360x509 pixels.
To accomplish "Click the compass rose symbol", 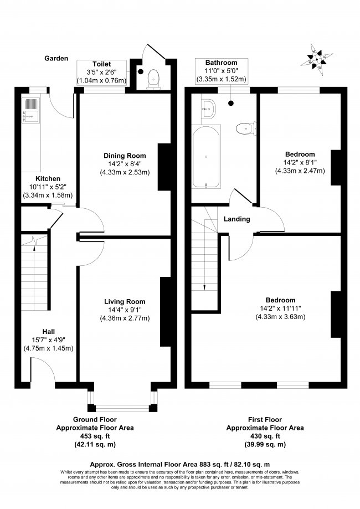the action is [x=316, y=60].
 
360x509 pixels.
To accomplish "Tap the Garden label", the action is [x=56, y=58].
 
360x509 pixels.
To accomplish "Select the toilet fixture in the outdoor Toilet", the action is [x=153, y=80].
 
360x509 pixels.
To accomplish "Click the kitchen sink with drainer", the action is [x=31, y=110].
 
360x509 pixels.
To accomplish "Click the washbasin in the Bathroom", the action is [x=208, y=109].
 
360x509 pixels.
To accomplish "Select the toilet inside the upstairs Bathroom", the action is [x=246, y=128].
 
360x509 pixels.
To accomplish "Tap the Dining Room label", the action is [x=125, y=156].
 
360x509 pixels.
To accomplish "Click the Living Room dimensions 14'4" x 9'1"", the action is [x=125, y=310].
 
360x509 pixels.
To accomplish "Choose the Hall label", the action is [x=48, y=331].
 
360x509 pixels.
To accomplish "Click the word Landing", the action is [x=236, y=219].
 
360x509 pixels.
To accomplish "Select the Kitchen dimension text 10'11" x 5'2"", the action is [x=48, y=187].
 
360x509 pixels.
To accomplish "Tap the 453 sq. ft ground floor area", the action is [x=95, y=436].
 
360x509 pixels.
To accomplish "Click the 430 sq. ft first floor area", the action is [x=265, y=436].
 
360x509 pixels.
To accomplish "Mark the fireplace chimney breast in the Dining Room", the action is [x=164, y=167].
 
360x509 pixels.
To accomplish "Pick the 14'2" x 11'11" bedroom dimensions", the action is [x=280, y=309].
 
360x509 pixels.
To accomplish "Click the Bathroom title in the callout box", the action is [x=222, y=63].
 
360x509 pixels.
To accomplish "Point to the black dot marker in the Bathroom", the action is [x=231, y=103].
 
